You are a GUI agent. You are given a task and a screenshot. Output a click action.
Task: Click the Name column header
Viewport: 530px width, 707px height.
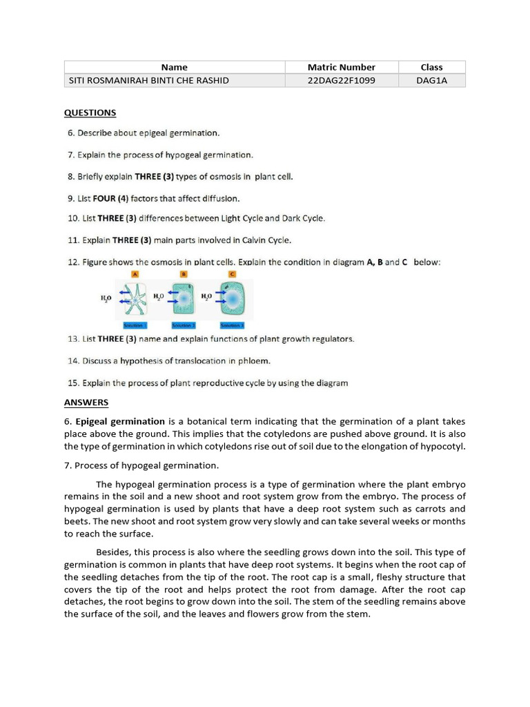point(175,67)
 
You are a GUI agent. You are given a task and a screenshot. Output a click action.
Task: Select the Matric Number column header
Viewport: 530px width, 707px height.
point(341,67)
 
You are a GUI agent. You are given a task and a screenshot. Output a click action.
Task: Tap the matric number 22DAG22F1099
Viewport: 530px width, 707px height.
point(341,80)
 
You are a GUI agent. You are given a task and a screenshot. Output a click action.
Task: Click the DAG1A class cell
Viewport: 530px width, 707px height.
point(431,80)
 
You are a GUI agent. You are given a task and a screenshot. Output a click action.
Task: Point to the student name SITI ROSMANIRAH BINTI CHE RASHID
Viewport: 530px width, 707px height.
point(148,80)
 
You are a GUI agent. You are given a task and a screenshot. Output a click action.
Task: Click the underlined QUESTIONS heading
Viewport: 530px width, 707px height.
point(90,113)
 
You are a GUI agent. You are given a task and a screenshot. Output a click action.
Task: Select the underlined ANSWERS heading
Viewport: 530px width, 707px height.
point(86,403)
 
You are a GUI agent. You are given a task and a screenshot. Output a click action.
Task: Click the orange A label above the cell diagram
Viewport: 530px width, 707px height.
point(135,274)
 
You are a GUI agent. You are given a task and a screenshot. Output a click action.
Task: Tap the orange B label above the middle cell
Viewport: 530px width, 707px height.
point(184,274)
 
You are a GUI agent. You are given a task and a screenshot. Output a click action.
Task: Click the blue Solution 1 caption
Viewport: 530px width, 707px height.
point(135,325)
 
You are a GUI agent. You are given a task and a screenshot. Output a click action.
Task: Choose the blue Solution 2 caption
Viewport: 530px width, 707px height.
point(184,325)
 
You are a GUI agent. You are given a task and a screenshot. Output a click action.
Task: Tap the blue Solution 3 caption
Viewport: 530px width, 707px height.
point(232,325)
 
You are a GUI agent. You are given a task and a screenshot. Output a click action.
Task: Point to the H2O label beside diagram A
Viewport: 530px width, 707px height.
point(106,298)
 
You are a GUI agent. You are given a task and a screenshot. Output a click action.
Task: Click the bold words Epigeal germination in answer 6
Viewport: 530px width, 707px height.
point(120,421)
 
